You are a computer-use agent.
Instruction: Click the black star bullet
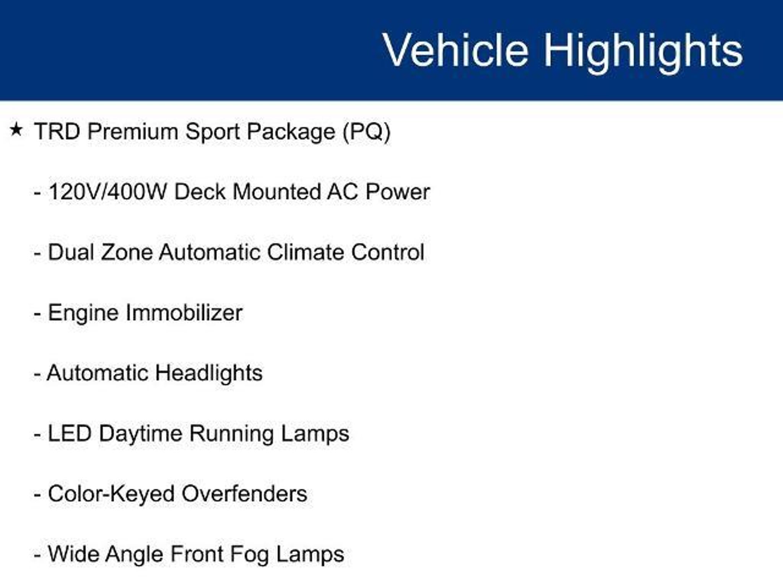tap(16, 130)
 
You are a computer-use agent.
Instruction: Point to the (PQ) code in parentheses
tap(367, 132)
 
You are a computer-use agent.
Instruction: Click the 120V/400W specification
tap(107, 191)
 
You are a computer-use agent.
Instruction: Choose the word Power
tap(398, 191)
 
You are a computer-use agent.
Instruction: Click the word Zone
tap(127, 252)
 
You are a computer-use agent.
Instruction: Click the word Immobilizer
tap(184, 313)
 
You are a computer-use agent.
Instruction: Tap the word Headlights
tap(209, 373)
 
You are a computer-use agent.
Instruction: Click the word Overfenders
tap(244, 494)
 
